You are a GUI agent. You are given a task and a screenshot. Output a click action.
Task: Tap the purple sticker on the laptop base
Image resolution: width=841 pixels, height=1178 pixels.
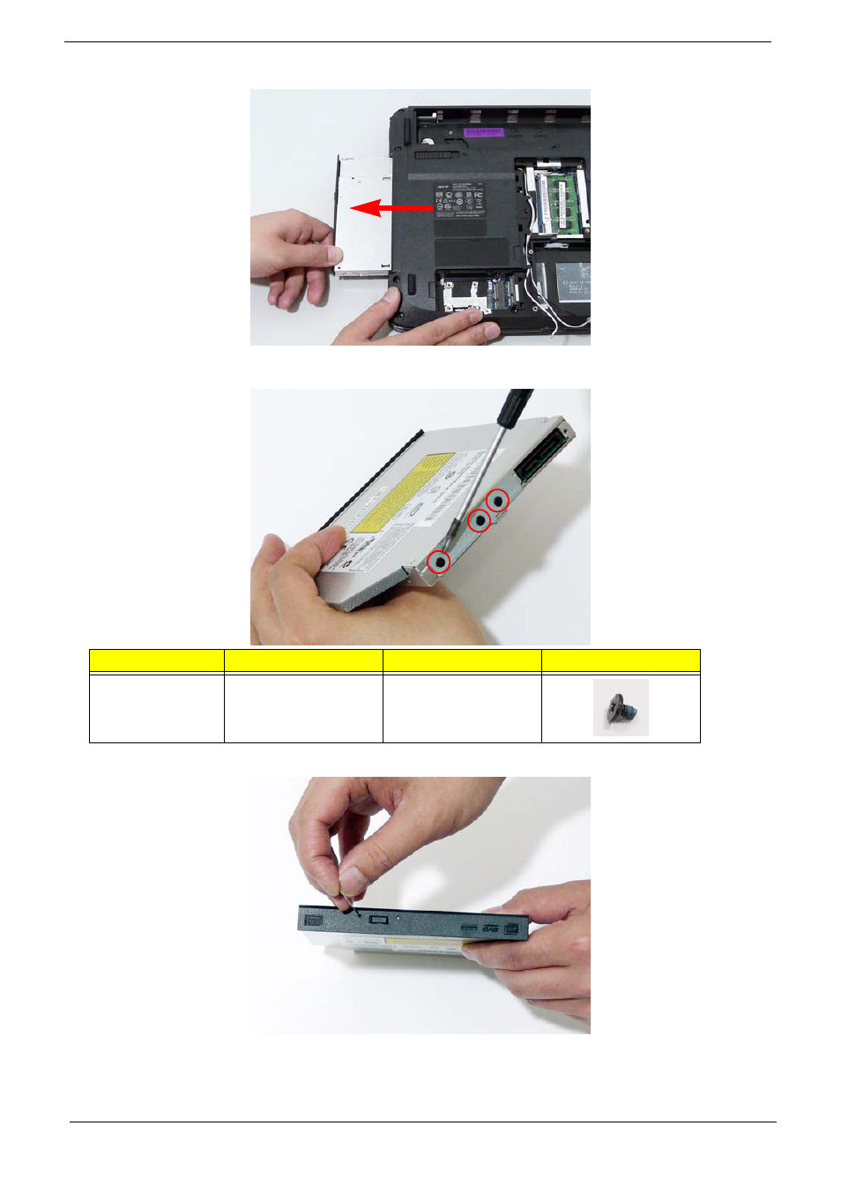483,131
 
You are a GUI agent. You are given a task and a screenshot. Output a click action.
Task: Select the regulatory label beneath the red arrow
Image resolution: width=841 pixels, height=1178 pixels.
458,202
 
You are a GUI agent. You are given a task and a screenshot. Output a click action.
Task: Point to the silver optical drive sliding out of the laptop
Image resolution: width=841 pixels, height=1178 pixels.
361,216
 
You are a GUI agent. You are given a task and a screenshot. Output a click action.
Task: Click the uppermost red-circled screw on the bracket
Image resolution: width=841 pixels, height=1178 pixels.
498,501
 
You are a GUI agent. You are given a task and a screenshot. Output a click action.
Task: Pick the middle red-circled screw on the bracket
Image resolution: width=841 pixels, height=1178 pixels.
479,520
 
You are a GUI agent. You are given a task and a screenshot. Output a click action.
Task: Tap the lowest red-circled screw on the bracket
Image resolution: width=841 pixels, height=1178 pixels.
439,561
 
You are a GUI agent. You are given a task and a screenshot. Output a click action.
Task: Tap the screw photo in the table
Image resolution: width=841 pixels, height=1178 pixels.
621,707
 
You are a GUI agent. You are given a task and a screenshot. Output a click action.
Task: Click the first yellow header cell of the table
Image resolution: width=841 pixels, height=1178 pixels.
157,660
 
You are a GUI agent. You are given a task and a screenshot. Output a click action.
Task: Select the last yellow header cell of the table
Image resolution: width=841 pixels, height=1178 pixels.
621,660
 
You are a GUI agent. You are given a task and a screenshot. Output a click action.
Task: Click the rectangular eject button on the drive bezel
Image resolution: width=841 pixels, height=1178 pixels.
381,919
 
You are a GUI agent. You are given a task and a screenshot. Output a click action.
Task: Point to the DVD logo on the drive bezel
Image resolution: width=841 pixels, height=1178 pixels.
490,929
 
